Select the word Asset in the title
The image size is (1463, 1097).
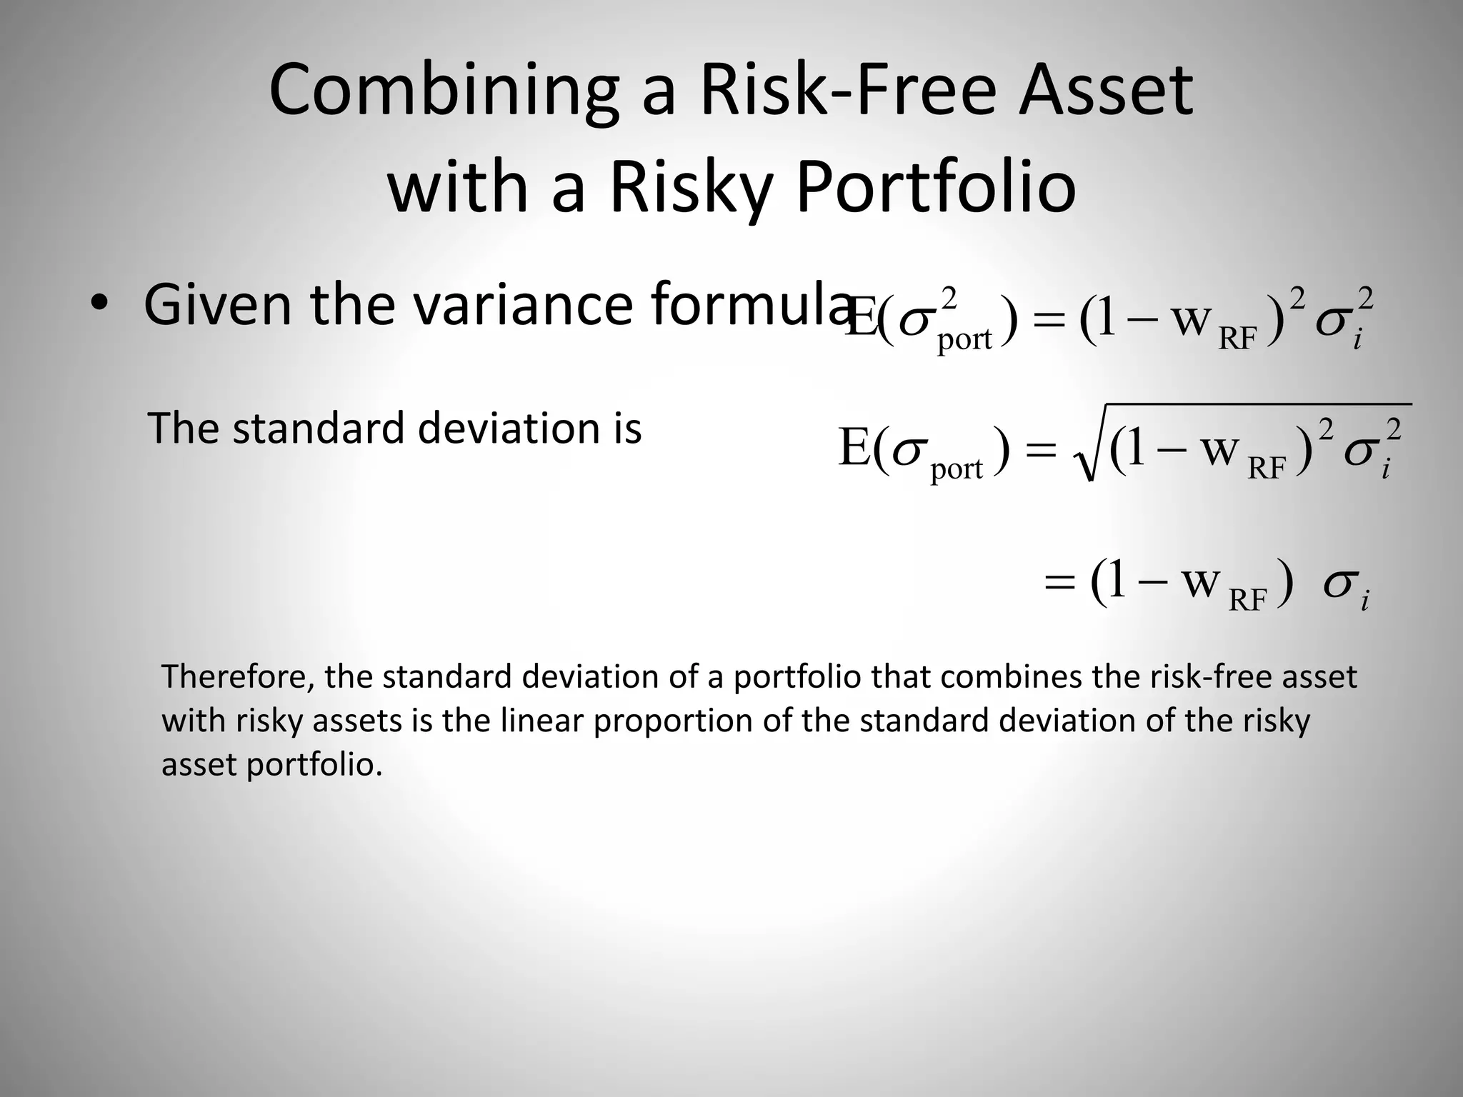click(1106, 91)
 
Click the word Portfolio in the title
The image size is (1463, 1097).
click(935, 188)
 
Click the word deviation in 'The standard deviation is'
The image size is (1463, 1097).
click(509, 429)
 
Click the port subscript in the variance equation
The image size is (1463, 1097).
click(964, 339)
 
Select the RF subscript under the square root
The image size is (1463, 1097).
click(1267, 469)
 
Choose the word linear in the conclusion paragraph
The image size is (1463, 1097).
click(541, 721)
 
